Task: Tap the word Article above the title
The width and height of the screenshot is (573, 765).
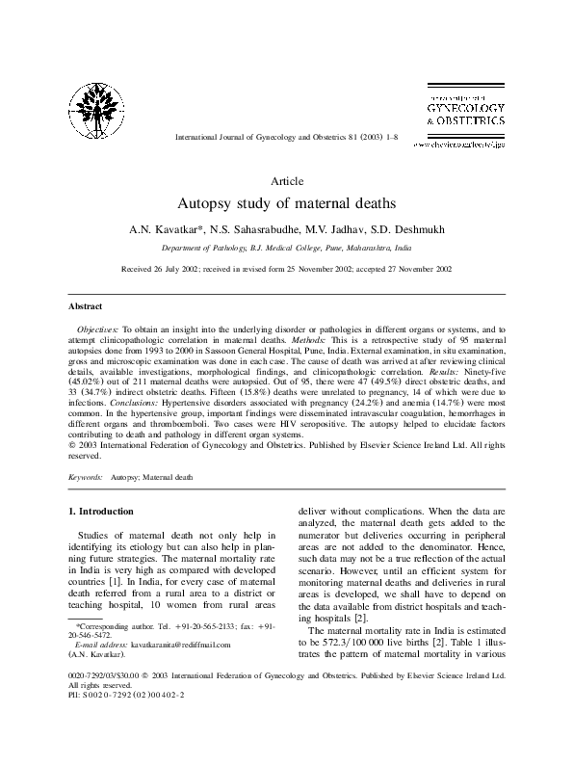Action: (287, 180)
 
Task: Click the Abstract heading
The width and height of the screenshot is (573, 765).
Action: (86, 305)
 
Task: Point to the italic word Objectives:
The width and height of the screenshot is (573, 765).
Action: (98, 329)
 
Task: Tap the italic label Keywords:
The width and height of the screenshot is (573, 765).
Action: (87, 477)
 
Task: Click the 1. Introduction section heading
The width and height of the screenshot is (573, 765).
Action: (106, 510)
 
